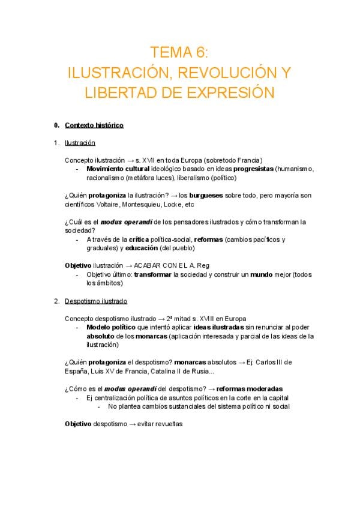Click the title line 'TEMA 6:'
pos(179,52)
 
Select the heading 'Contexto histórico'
pos(94,125)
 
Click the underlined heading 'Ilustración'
pos(80,143)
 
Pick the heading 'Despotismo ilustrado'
pos(95,301)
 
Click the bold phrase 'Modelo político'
pos(111,328)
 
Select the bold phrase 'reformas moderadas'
pos(250,388)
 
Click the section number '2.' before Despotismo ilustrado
pos(56,301)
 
